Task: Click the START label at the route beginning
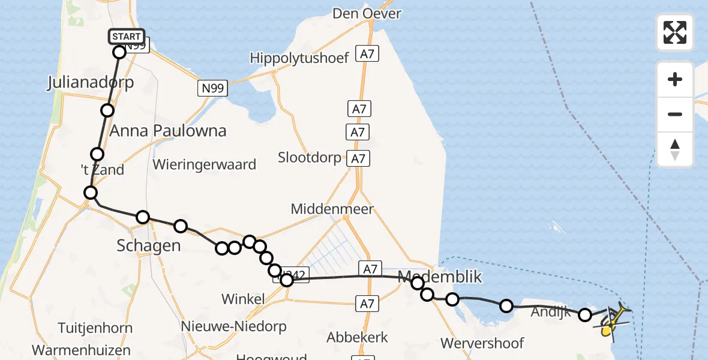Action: coord(126,37)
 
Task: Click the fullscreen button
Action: coord(675,32)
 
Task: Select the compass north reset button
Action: coord(675,149)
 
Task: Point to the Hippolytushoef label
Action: coord(299,58)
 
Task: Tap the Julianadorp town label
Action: coord(90,83)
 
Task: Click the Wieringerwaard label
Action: coord(205,164)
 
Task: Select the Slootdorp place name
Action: coord(310,157)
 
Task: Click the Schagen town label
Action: coord(149,245)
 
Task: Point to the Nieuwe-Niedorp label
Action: coord(234,326)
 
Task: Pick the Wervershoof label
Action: coord(482,343)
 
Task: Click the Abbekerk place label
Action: coord(357,337)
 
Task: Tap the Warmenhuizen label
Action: coord(82,349)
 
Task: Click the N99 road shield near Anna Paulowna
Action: coord(212,89)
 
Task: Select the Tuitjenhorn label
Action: coord(95,328)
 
